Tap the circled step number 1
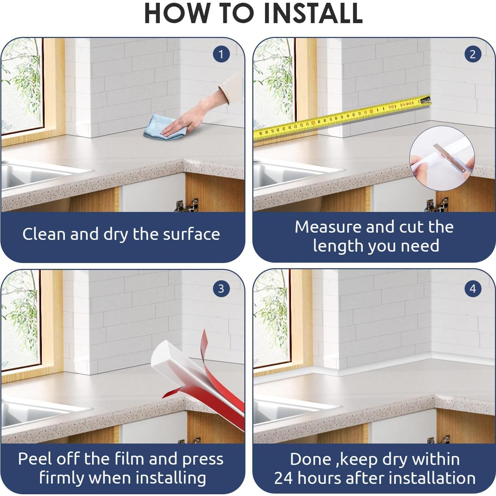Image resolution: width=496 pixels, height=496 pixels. [x=221, y=54]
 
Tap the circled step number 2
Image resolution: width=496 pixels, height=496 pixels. [x=473, y=54]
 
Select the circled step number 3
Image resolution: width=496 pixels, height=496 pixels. [x=221, y=289]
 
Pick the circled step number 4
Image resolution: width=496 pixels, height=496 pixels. [x=473, y=289]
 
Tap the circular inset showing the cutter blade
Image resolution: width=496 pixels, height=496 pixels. [x=442, y=158]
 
